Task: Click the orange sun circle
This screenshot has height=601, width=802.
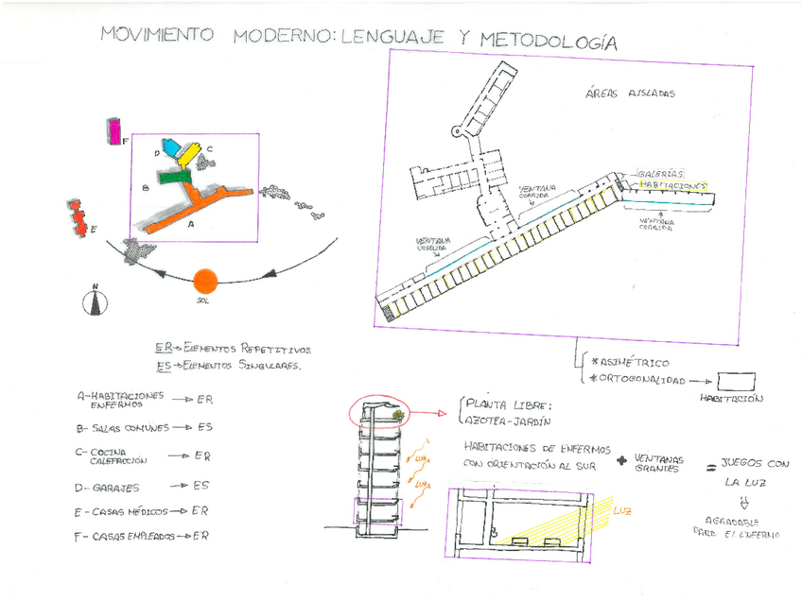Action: [204, 281]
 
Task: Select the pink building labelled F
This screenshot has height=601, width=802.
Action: [114, 131]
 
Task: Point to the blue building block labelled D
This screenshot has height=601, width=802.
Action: [171, 147]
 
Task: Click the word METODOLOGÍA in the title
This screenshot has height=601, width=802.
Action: [549, 41]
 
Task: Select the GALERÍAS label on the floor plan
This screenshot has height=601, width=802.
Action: [659, 174]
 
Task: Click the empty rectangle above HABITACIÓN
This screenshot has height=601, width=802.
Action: [736, 381]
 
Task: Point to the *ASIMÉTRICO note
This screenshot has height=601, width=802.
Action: [629, 362]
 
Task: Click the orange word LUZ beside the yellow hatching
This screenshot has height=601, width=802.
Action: [622, 511]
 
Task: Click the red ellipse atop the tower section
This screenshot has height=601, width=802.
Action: [377, 412]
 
